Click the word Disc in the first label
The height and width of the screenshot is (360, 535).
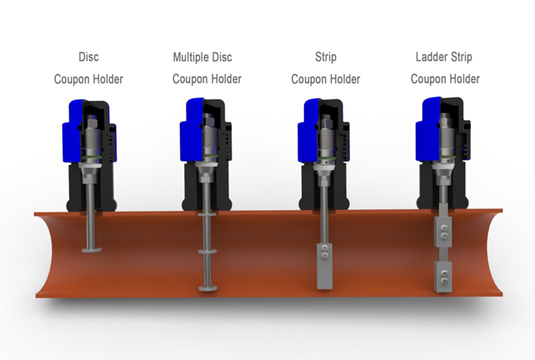(88, 57)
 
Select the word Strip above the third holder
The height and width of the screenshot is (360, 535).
(326, 57)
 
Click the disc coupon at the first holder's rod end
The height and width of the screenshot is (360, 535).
(92, 250)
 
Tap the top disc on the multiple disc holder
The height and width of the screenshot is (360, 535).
(207, 214)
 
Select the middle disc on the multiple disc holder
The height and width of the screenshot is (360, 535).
(207, 252)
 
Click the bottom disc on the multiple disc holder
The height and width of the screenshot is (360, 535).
(207, 288)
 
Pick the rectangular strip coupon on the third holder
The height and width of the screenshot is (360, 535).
(324, 266)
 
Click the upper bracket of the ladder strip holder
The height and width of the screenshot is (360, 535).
(443, 232)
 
